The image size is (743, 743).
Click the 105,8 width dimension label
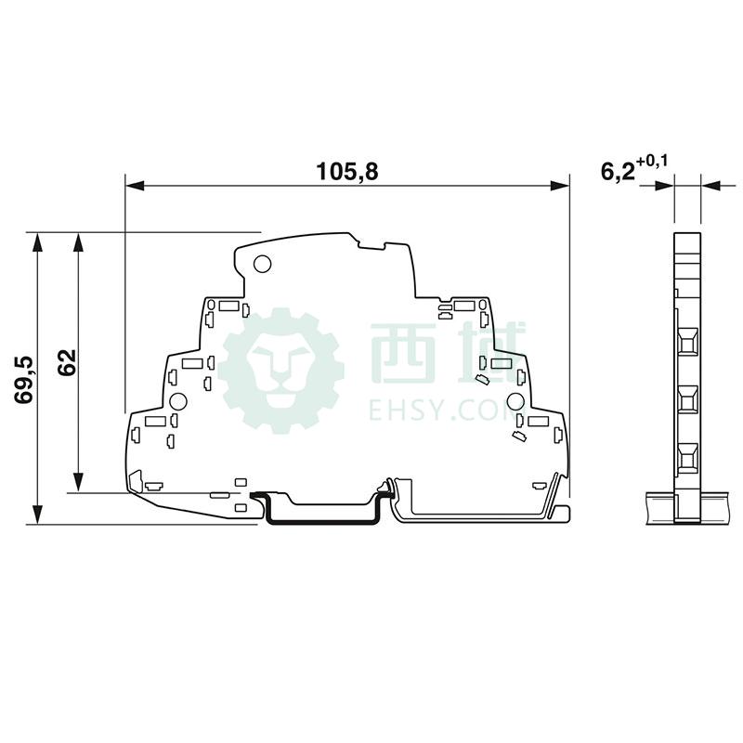pyautogui.click(x=347, y=171)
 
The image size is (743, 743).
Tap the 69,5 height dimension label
pyautogui.click(x=24, y=379)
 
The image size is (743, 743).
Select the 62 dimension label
pyautogui.click(x=66, y=362)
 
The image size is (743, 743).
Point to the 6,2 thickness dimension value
pyautogui.click(x=618, y=173)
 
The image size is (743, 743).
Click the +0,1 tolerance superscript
pyautogui.click(x=652, y=162)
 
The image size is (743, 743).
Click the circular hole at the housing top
pyautogui.click(x=262, y=264)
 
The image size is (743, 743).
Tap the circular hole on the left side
pyautogui.click(x=178, y=402)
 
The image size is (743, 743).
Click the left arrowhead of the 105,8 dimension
pyautogui.click(x=134, y=186)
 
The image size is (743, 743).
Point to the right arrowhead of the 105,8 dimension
pyautogui.click(x=561, y=186)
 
